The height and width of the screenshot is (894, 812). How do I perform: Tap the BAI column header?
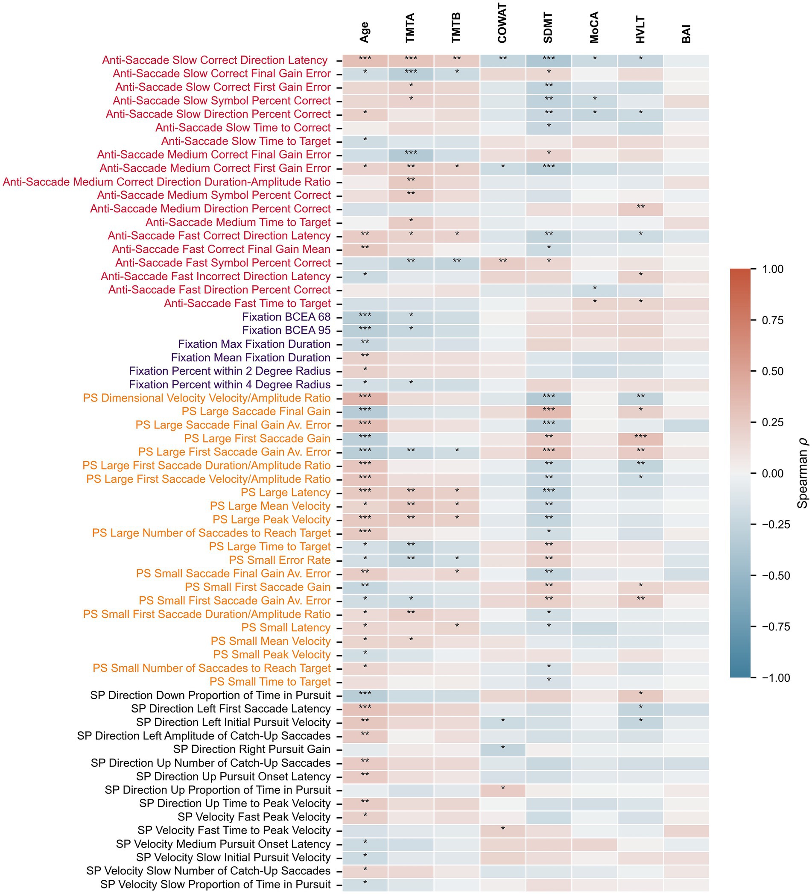point(686,34)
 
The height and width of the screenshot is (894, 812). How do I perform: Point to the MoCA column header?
point(594,27)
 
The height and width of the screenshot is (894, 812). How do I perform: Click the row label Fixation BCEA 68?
point(286,317)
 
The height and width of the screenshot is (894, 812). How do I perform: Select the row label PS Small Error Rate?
point(280,560)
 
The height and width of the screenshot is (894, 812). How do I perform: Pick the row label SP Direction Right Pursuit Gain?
point(252,750)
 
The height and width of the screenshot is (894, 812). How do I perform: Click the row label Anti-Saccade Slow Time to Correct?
point(243,128)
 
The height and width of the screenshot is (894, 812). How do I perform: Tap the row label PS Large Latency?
point(286,492)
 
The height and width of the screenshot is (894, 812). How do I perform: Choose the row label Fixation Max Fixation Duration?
point(254,344)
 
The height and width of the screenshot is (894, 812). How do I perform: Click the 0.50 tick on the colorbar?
point(773,371)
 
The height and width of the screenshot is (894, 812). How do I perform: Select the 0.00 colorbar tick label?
point(773,474)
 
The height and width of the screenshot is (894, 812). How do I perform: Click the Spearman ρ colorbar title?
point(802,473)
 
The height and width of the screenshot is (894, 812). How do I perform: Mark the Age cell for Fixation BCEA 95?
point(365,330)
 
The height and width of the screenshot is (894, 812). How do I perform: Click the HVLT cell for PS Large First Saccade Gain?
point(640,439)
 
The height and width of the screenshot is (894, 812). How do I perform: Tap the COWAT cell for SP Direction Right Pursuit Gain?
point(502,750)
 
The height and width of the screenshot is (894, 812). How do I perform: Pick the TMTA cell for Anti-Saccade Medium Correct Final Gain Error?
point(411,155)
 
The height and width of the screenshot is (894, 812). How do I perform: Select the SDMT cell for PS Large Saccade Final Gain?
point(548,411)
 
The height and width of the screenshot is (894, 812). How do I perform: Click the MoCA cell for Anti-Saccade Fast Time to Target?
point(594,303)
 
